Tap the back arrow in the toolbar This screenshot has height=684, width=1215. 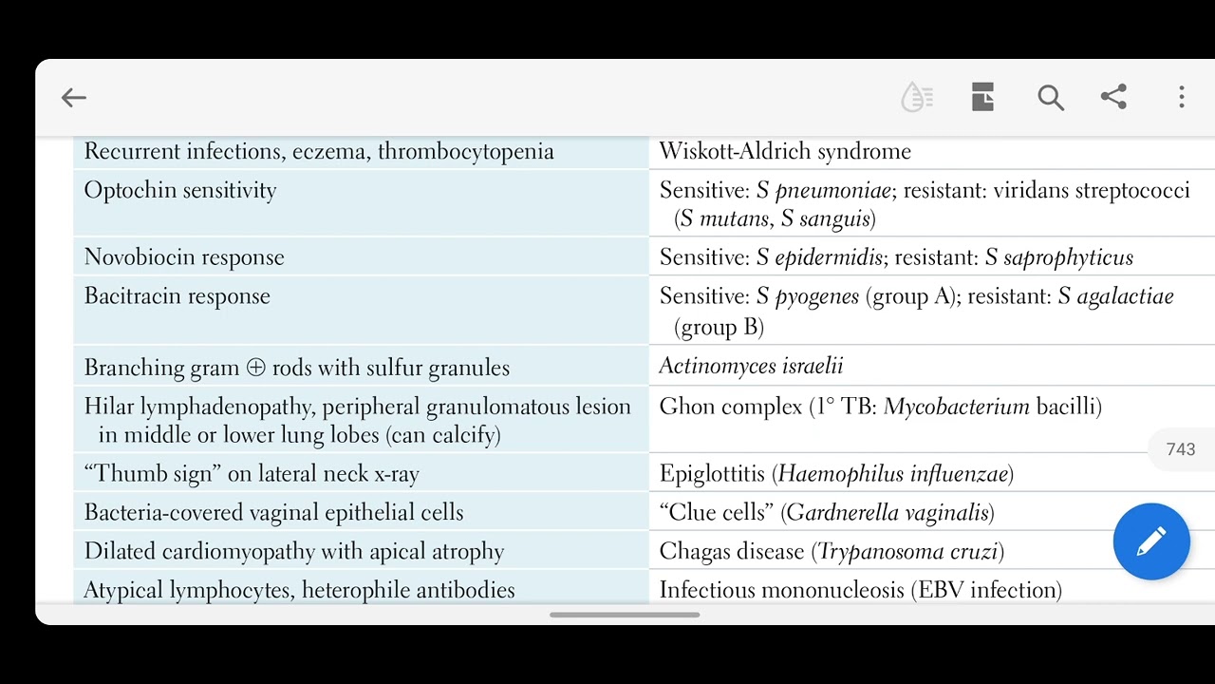click(x=73, y=97)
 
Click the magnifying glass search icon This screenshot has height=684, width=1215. click(x=1050, y=97)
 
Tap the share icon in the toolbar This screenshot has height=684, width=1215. click(x=1113, y=97)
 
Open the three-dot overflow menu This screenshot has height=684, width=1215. click(x=1182, y=97)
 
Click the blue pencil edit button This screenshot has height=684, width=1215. click(x=1151, y=541)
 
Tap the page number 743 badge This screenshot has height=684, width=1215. click(x=1180, y=449)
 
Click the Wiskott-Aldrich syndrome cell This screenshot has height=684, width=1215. click(x=785, y=152)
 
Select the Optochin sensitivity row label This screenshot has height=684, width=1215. click(x=180, y=190)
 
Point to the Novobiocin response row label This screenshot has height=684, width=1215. click(x=184, y=257)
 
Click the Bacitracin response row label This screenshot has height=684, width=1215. click(x=178, y=296)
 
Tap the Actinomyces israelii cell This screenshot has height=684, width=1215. click(x=751, y=367)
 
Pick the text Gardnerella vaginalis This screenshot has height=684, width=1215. click(x=888, y=513)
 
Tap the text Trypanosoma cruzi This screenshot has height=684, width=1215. click(x=907, y=552)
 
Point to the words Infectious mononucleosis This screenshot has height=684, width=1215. click(x=781, y=590)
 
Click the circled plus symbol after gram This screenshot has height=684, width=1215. click(x=255, y=368)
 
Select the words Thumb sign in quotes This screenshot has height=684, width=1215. click(x=145, y=474)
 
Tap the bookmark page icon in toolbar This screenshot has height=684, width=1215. click(x=982, y=97)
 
